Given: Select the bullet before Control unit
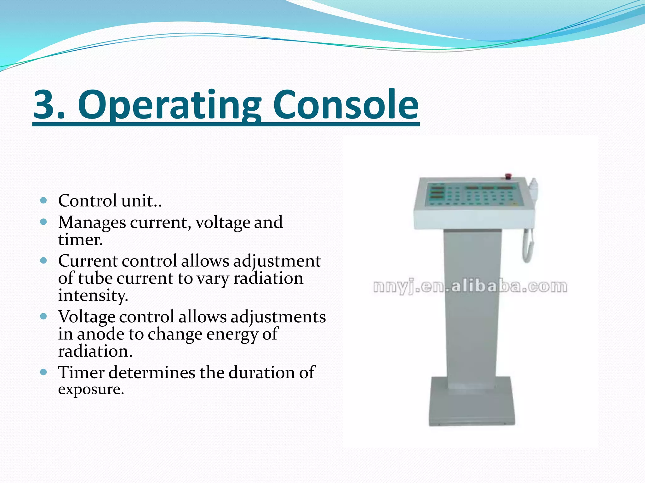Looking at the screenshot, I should [x=44, y=200].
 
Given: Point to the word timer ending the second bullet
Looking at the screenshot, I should [x=80, y=240].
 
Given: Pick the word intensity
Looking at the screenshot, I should [x=93, y=296].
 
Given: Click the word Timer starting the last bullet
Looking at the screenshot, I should [x=81, y=372].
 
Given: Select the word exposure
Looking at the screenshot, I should [x=91, y=390].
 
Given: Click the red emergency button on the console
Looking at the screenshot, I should [x=508, y=176].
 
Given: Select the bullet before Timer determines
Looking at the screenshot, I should [x=44, y=372].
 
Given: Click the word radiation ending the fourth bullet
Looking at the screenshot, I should [x=95, y=351].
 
